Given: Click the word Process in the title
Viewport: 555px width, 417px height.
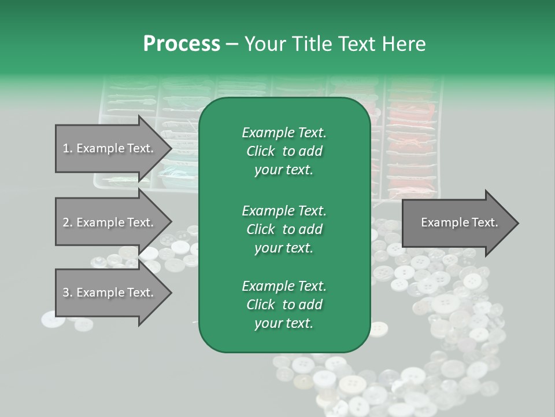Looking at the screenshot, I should (x=182, y=44).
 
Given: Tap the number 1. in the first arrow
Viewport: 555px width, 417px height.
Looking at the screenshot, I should (x=68, y=148).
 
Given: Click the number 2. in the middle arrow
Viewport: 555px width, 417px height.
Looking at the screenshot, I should (x=68, y=222).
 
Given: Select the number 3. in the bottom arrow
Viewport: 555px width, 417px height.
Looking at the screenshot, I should (x=68, y=292).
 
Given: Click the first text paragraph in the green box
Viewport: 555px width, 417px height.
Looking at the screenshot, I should (x=284, y=151).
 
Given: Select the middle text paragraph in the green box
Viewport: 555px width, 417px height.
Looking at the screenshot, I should (x=284, y=229).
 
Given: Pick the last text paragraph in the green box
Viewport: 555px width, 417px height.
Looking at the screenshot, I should (x=284, y=305).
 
